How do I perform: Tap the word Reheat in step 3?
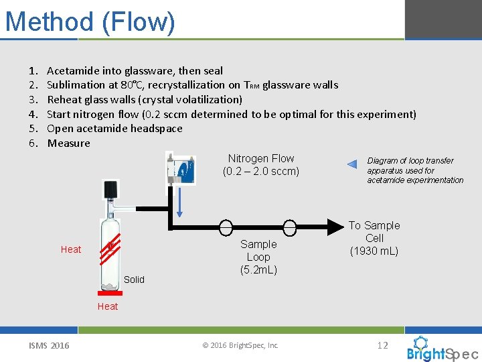65,100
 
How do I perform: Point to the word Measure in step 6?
68,143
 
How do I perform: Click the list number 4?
32,115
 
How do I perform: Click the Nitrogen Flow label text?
261,159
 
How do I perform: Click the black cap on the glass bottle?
110,188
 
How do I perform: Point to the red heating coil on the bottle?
110,249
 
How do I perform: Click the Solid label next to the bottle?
134,280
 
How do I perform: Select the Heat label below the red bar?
107,306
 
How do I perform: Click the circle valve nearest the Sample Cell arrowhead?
290,228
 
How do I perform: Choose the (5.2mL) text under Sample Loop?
258,270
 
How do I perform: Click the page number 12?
383,345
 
